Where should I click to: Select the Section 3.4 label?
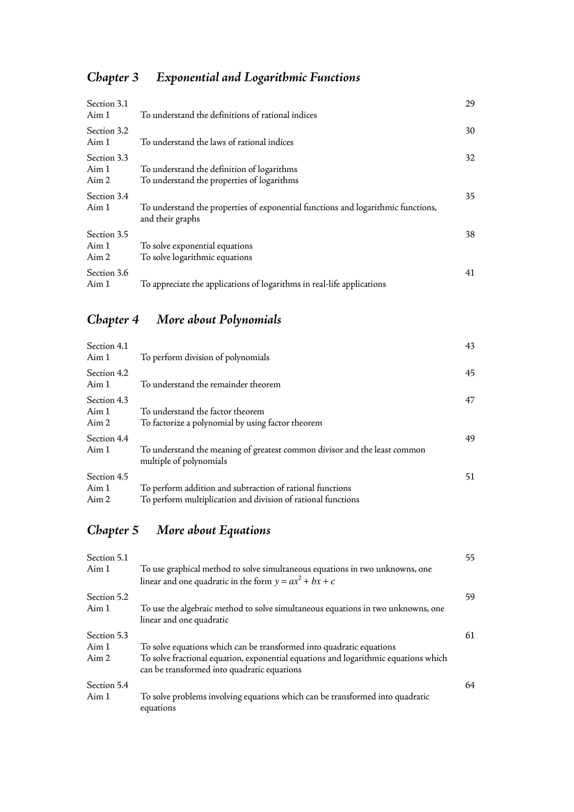pos(108,196)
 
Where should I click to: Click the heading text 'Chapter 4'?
pos(113,320)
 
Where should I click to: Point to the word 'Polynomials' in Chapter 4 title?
pos(250,320)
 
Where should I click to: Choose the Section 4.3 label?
pos(108,400)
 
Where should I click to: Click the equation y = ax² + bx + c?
pos(305,582)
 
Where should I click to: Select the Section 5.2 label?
pos(108,597)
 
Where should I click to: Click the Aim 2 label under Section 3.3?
pos(98,180)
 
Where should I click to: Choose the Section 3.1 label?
pos(108,104)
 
